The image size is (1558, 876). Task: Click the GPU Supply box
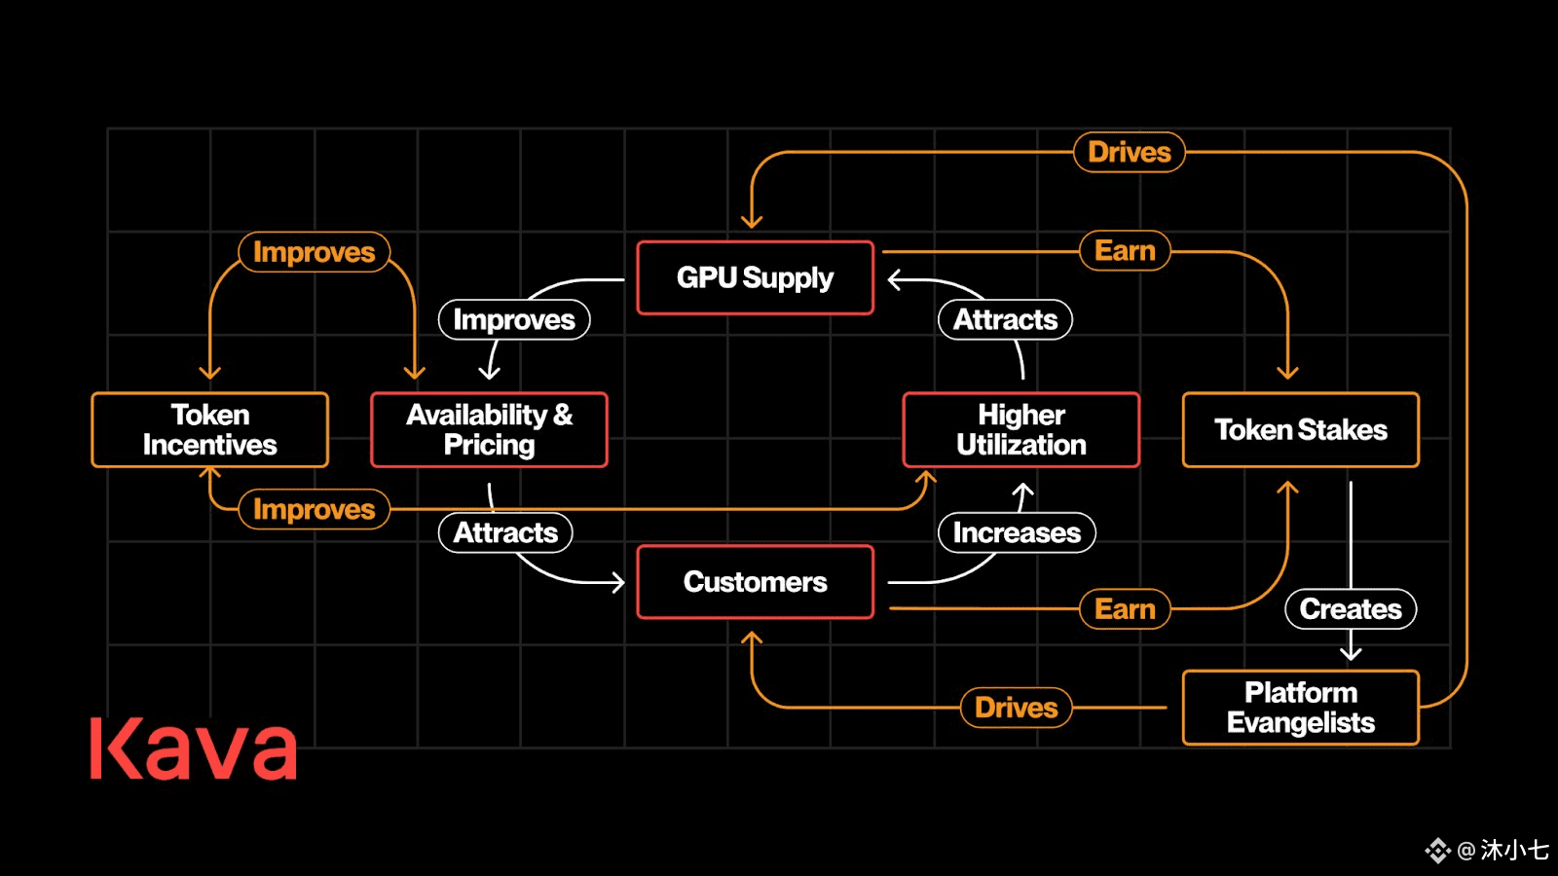pos(756,278)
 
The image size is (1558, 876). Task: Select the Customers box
pos(756,582)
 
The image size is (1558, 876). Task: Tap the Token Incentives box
pos(210,429)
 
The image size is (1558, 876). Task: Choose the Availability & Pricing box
pos(489,429)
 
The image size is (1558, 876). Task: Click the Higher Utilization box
pos(1021,429)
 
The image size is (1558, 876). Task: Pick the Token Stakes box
pos(1301,429)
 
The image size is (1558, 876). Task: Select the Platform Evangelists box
pos(1301,708)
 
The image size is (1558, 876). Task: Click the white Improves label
pos(514,320)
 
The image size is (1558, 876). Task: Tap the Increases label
pos(1017,532)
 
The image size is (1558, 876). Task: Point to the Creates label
pos(1351,609)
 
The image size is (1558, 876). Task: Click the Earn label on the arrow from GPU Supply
pos(1125,250)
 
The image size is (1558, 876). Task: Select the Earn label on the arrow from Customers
pos(1125,609)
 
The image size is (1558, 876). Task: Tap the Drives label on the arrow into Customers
pos(1017,708)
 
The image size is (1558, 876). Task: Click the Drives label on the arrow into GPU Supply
pos(1130,152)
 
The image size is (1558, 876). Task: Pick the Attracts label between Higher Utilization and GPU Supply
pos(1005,320)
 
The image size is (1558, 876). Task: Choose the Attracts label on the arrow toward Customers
pos(505,532)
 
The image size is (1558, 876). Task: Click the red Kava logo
pos(194,748)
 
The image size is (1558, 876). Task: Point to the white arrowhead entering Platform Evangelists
pos(1351,653)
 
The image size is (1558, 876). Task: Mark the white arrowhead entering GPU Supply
pos(895,279)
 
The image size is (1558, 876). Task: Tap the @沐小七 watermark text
pos(1502,851)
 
